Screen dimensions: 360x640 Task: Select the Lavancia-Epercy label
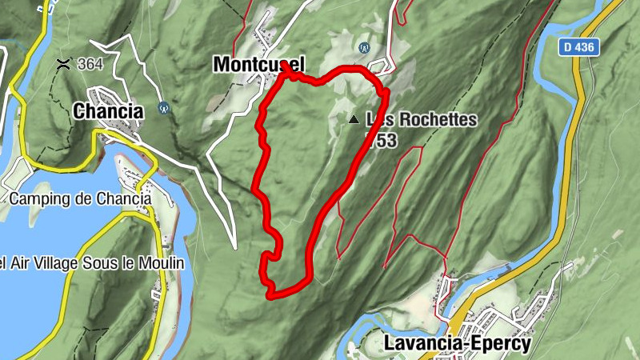pyautogui.click(x=457, y=342)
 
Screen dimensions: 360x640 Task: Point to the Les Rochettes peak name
pyautogui.click(x=421, y=119)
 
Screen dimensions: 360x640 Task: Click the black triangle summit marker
pyautogui.click(x=354, y=119)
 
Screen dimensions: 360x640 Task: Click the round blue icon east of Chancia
pyautogui.click(x=165, y=106)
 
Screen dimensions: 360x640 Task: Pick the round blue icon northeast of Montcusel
pyautogui.click(x=366, y=47)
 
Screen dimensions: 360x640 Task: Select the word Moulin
pyautogui.click(x=164, y=263)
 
